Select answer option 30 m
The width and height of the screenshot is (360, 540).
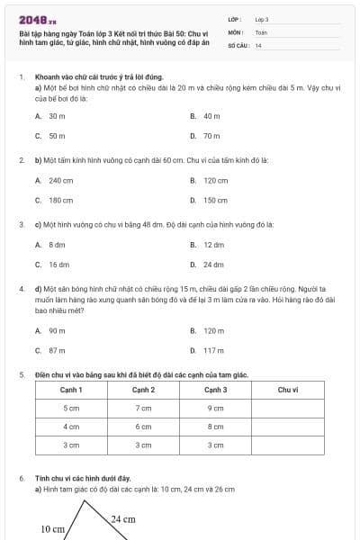pos(57,116)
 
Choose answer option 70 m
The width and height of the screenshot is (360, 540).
pos(211,136)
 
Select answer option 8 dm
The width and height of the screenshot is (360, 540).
pos(57,244)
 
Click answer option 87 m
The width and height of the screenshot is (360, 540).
pos(57,350)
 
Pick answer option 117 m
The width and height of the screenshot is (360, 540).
pos(213,350)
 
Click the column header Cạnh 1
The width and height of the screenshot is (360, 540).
pos(71,390)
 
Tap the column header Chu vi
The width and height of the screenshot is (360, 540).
pos(288,390)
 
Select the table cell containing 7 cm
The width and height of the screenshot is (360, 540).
pos(143,408)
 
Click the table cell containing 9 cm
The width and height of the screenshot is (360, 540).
pos(216,408)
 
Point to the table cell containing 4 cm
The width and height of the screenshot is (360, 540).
pos(71,427)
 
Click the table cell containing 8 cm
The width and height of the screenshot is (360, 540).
pos(216,427)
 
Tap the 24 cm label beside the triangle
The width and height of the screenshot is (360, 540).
pos(123,519)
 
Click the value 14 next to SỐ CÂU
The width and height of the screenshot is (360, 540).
pos(258,44)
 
